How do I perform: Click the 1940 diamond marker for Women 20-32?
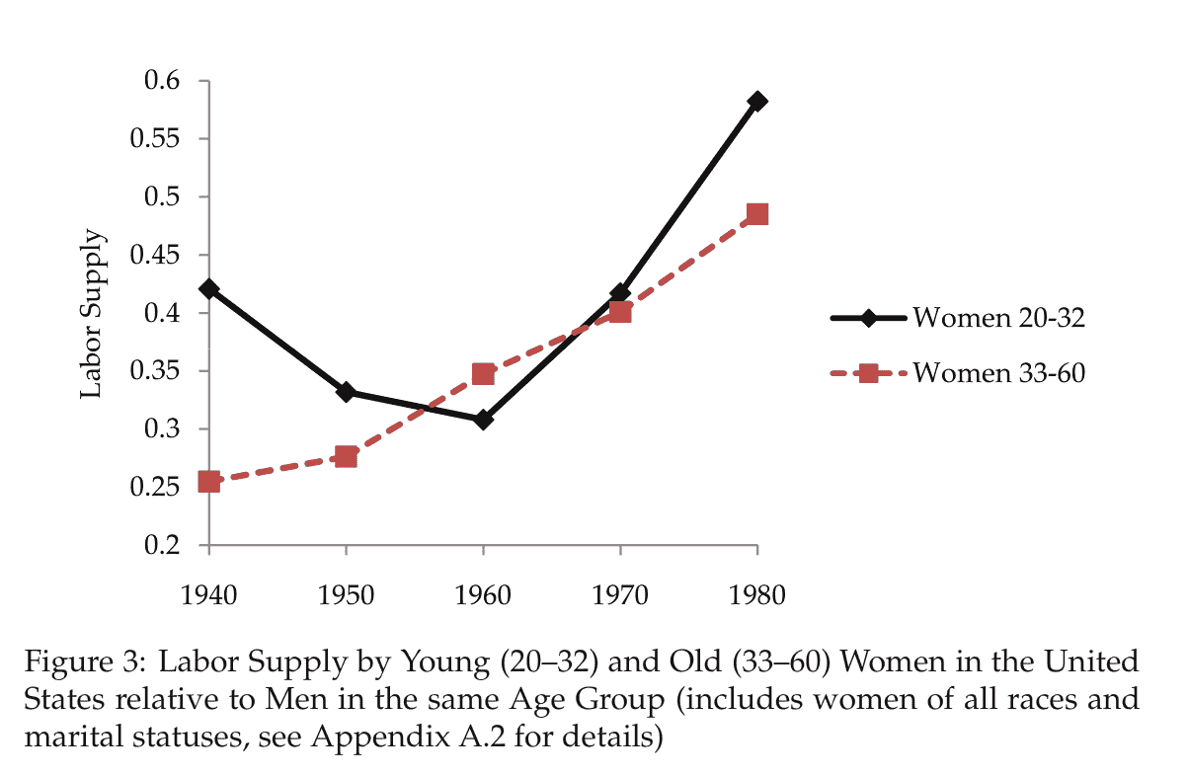click(208, 289)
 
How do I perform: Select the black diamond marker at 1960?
click(483, 420)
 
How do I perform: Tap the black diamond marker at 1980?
click(757, 101)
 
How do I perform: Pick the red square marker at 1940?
click(208, 482)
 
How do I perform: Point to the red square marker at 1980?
click(757, 214)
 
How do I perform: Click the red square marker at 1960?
click(483, 373)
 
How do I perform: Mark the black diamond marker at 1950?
click(346, 392)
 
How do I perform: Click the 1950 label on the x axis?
click(346, 595)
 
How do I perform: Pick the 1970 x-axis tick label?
click(620, 595)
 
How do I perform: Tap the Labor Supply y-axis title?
click(91, 314)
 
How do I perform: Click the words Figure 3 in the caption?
click(81, 660)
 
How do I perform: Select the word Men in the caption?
click(293, 699)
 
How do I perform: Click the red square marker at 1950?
click(346, 456)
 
